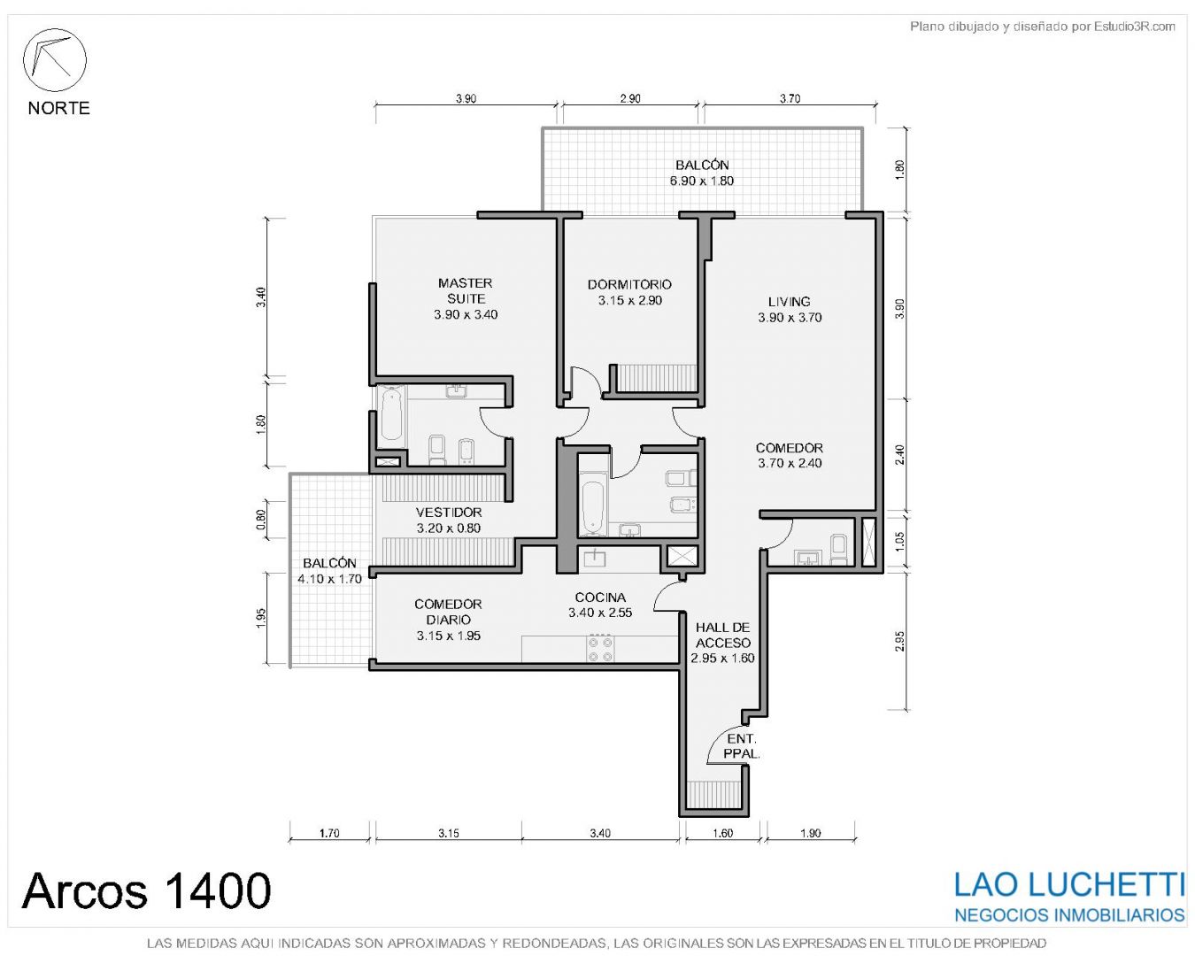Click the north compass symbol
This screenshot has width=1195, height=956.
pyautogui.click(x=54, y=60)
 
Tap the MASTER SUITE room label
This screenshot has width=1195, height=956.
pyautogui.click(x=466, y=290)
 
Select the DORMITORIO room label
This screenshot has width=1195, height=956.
pyautogui.click(x=629, y=284)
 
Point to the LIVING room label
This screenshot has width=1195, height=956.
pyautogui.click(x=789, y=302)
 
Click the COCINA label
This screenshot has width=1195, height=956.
pyautogui.click(x=600, y=597)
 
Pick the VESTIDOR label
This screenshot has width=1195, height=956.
pyautogui.click(x=449, y=513)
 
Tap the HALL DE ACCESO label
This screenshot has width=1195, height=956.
pyautogui.click(x=723, y=635)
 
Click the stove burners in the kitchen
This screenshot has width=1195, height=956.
pyautogui.click(x=601, y=650)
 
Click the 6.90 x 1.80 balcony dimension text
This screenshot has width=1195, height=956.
pyautogui.click(x=702, y=181)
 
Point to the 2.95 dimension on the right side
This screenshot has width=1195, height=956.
pyautogui.click(x=899, y=641)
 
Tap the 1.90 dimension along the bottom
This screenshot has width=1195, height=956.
pyautogui.click(x=811, y=833)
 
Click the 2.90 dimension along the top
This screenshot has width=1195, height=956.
pyautogui.click(x=630, y=98)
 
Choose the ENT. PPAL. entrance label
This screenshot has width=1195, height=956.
pyautogui.click(x=741, y=746)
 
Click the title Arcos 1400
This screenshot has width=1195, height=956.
pyautogui.click(x=147, y=890)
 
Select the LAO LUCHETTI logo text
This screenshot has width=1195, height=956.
pyautogui.click(x=1069, y=884)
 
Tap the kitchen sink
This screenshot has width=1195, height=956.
pyautogui.click(x=594, y=559)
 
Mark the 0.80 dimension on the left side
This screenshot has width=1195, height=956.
pyautogui.click(x=261, y=520)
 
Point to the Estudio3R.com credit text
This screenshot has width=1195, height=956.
pyautogui.click(x=1042, y=26)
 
